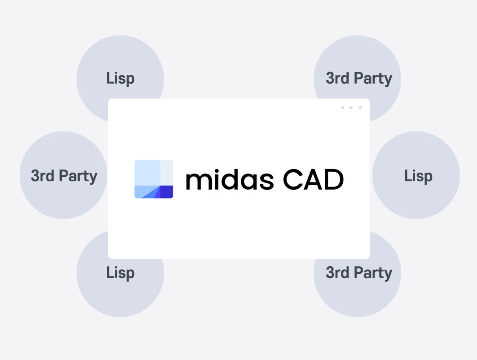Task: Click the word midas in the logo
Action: coord(230,180)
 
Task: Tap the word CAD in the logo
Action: coord(313,180)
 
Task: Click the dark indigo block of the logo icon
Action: coord(167,192)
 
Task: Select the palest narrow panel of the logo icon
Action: coord(167,173)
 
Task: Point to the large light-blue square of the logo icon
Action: coord(147,173)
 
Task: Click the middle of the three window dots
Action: coord(351,107)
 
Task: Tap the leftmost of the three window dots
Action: coord(343,107)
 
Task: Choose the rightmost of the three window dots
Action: coord(360,107)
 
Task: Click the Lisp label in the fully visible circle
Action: coord(418,176)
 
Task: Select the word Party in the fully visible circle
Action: coord(78,176)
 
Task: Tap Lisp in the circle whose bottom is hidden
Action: coord(120,78)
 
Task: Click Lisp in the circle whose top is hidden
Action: coord(120,273)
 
